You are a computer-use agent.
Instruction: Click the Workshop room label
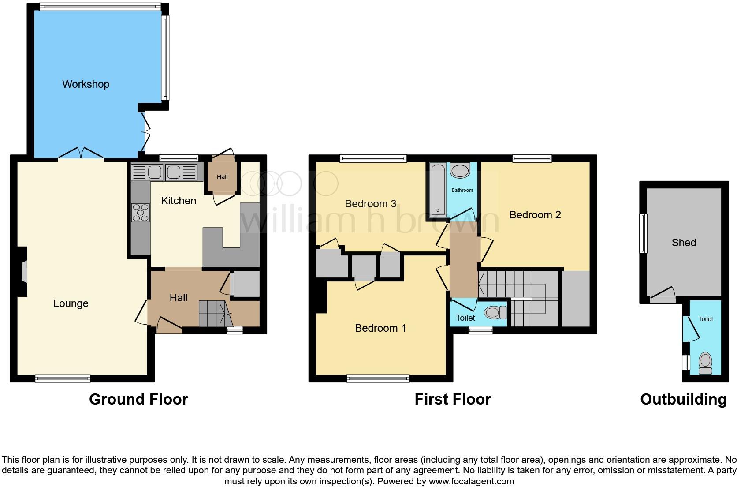click(x=86, y=84)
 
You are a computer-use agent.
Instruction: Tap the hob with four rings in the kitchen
click(x=141, y=212)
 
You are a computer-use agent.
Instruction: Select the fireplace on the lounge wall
click(x=24, y=271)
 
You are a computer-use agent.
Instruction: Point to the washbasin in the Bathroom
click(x=461, y=171)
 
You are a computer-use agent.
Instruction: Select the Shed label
click(x=684, y=243)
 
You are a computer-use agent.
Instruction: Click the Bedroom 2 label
click(x=535, y=215)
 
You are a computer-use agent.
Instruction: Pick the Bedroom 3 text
click(x=370, y=204)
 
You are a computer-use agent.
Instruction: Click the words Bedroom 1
click(x=380, y=328)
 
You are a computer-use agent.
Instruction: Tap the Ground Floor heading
click(x=138, y=399)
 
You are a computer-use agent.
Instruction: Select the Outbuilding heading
click(x=683, y=399)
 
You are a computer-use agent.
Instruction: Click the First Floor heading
click(x=453, y=399)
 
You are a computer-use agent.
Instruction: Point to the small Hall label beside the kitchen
click(x=222, y=177)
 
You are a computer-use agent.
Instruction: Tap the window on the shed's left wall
click(x=644, y=233)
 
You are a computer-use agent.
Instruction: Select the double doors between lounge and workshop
click(x=81, y=154)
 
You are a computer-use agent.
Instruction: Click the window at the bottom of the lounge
click(x=63, y=378)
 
